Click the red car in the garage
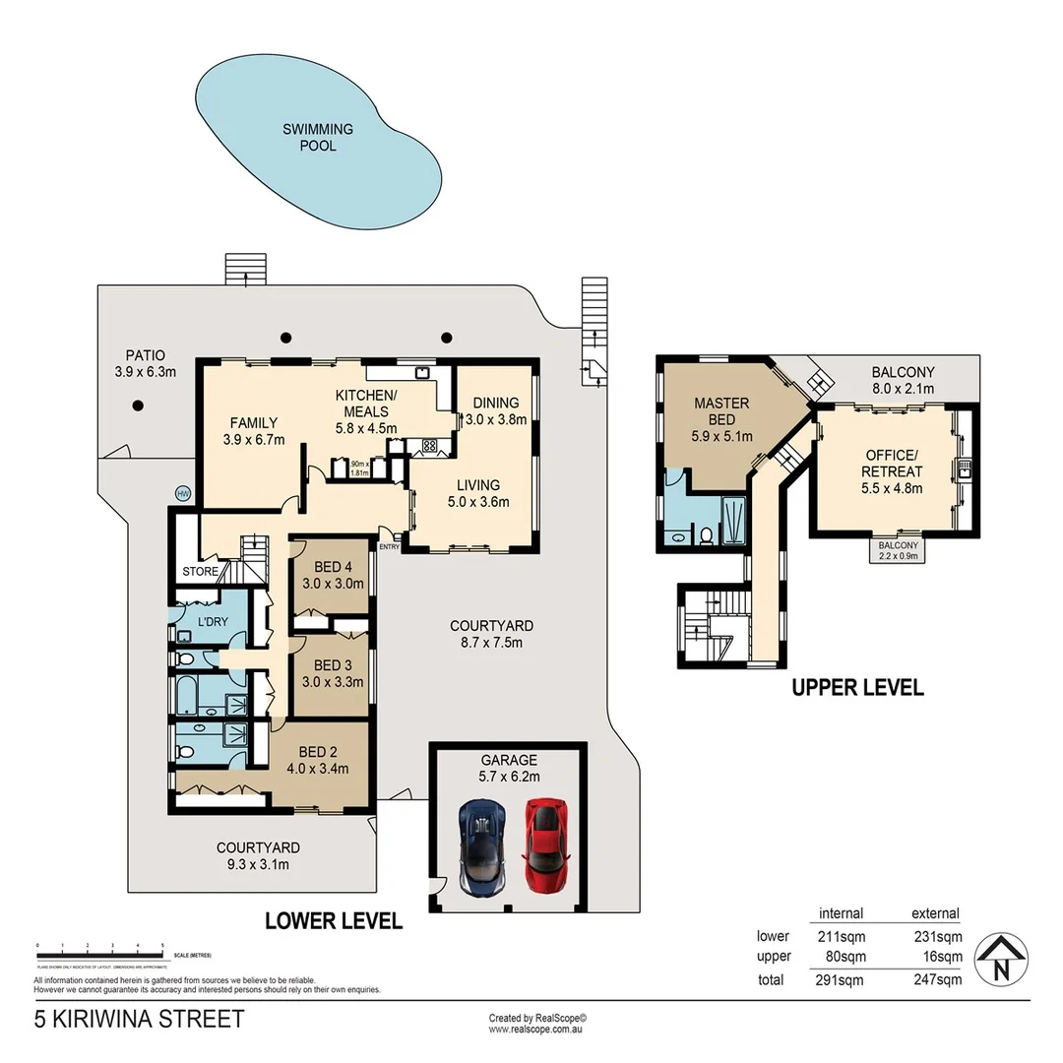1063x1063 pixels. (x=546, y=845)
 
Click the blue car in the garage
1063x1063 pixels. (x=482, y=845)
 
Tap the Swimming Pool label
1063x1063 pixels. (x=317, y=138)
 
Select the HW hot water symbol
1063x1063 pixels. (x=182, y=493)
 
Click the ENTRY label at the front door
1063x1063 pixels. (x=389, y=547)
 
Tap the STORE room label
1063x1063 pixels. (x=200, y=572)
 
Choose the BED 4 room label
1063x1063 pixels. (x=332, y=574)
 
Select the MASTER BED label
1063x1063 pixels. (x=721, y=411)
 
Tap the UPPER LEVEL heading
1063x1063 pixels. (x=857, y=688)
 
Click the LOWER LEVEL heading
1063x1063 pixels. (x=334, y=921)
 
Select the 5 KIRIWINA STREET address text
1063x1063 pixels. (x=139, y=1019)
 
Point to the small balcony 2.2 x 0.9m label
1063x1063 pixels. (x=899, y=550)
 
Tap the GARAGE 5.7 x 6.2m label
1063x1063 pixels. (x=509, y=768)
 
